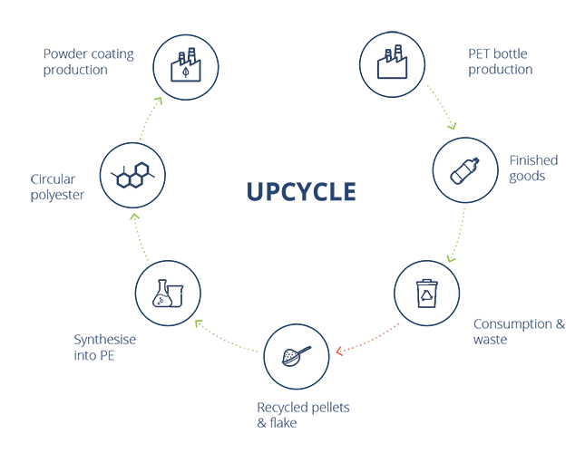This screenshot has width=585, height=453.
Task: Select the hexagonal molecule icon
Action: (x=132, y=174)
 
